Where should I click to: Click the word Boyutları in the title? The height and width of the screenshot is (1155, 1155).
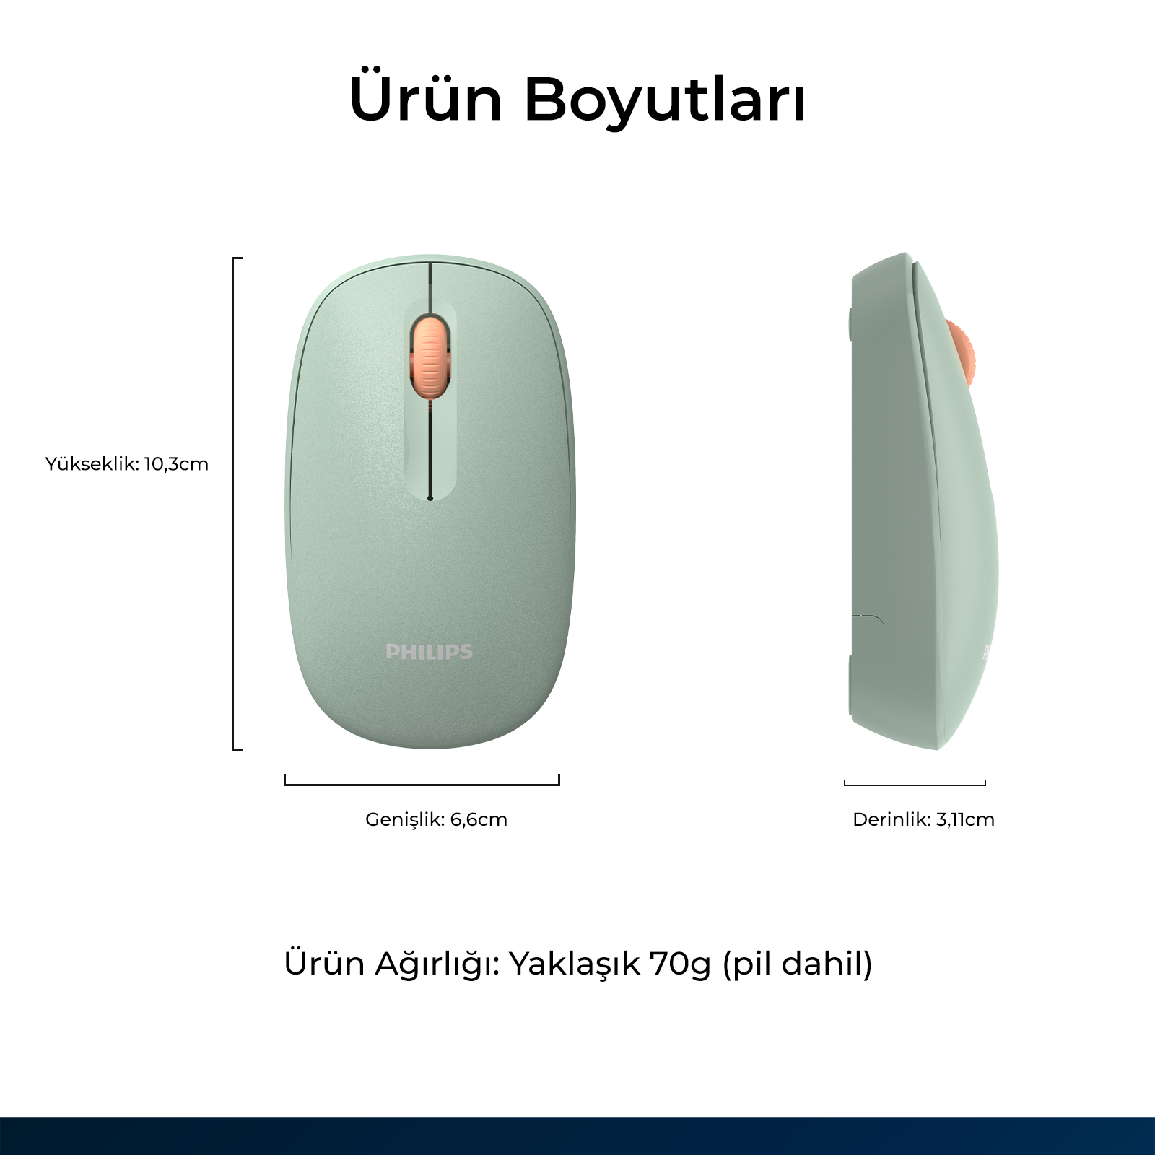click(665, 98)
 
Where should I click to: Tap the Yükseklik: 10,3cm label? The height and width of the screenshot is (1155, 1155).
click(127, 463)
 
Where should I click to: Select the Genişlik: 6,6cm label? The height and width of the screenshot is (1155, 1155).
click(436, 819)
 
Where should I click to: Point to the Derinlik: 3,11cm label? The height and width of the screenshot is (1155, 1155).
click(923, 819)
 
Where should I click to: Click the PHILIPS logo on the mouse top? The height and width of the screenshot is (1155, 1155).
click(430, 652)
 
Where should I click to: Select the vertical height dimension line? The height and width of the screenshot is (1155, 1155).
click(233, 504)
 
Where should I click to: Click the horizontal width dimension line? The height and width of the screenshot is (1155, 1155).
click(422, 784)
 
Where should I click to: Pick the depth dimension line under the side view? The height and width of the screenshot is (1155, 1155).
click(915, 784)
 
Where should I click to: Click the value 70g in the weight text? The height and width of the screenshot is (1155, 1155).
click(680, 964)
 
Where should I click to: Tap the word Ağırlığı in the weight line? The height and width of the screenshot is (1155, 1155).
click(437, 964)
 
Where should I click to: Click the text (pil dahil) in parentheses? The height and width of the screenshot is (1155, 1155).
click(798, 964)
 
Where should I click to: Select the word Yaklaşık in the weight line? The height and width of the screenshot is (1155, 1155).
click(575, 964)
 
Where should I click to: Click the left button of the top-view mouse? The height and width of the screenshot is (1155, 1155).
click(354, 404)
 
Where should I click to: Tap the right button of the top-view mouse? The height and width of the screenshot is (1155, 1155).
click(505, 404)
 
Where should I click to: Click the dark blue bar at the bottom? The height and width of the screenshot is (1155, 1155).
click(577, 1136)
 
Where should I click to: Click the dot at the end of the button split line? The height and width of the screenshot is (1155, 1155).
click(430, 497)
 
